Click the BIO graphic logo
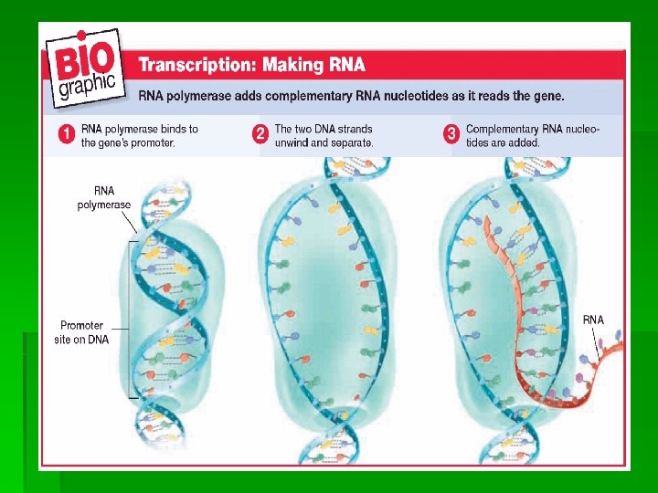pyautogui.click(x=87, y=73)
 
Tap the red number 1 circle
pyautogui.click(x=67, y=135)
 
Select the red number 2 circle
pyautogui.click(x=260, y=135)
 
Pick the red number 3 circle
pyautogui.click(x=451, y=135)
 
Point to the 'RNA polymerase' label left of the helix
pyautogui.click(x=103, y=198)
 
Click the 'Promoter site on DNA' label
pyautogui.click(x=83, y=332)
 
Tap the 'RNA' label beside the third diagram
pyautogui.click(x=593, y=320)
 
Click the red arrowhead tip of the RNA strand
pyautogui.click(x=489, y=222)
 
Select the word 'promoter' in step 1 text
pyautogui.click(x=150, y=142)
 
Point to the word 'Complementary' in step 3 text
pyautogui.click(x=505, y=130)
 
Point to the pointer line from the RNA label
pyautogui.click(x=599, y=344)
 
